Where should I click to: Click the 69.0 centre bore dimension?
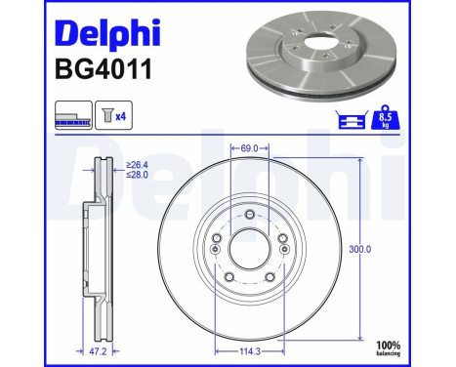tap(248, 148)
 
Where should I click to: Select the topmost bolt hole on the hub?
tap(249, 215)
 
